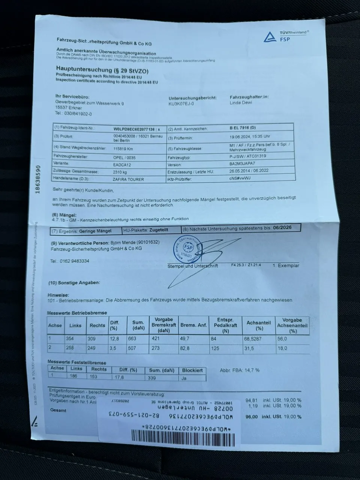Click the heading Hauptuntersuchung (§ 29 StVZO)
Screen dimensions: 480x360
coord(103,70)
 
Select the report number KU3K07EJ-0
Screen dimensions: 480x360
coord(181,103)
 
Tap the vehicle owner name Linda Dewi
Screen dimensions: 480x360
coord(241,102)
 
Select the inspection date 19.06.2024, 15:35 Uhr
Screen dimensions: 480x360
coord(250,136)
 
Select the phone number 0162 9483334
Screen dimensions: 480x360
coord(75,261)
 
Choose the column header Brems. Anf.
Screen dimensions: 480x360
coord(193,325)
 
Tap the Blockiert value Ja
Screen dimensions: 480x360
coord(184,378)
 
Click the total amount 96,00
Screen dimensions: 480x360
coord(252,417)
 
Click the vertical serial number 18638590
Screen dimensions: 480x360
coord(37,180)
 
